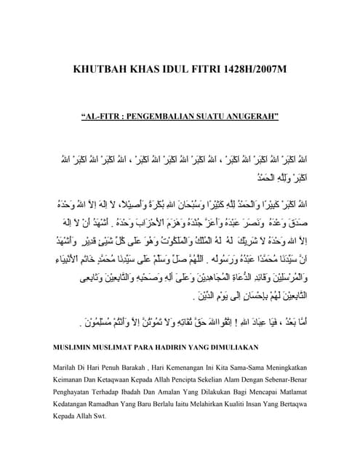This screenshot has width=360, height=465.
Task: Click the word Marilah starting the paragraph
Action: (x=69, y=368)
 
